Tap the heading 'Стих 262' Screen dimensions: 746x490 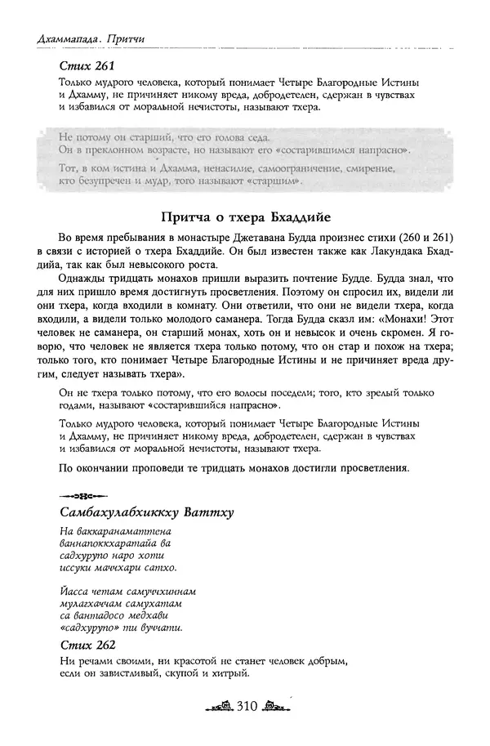tap(82, 645)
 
